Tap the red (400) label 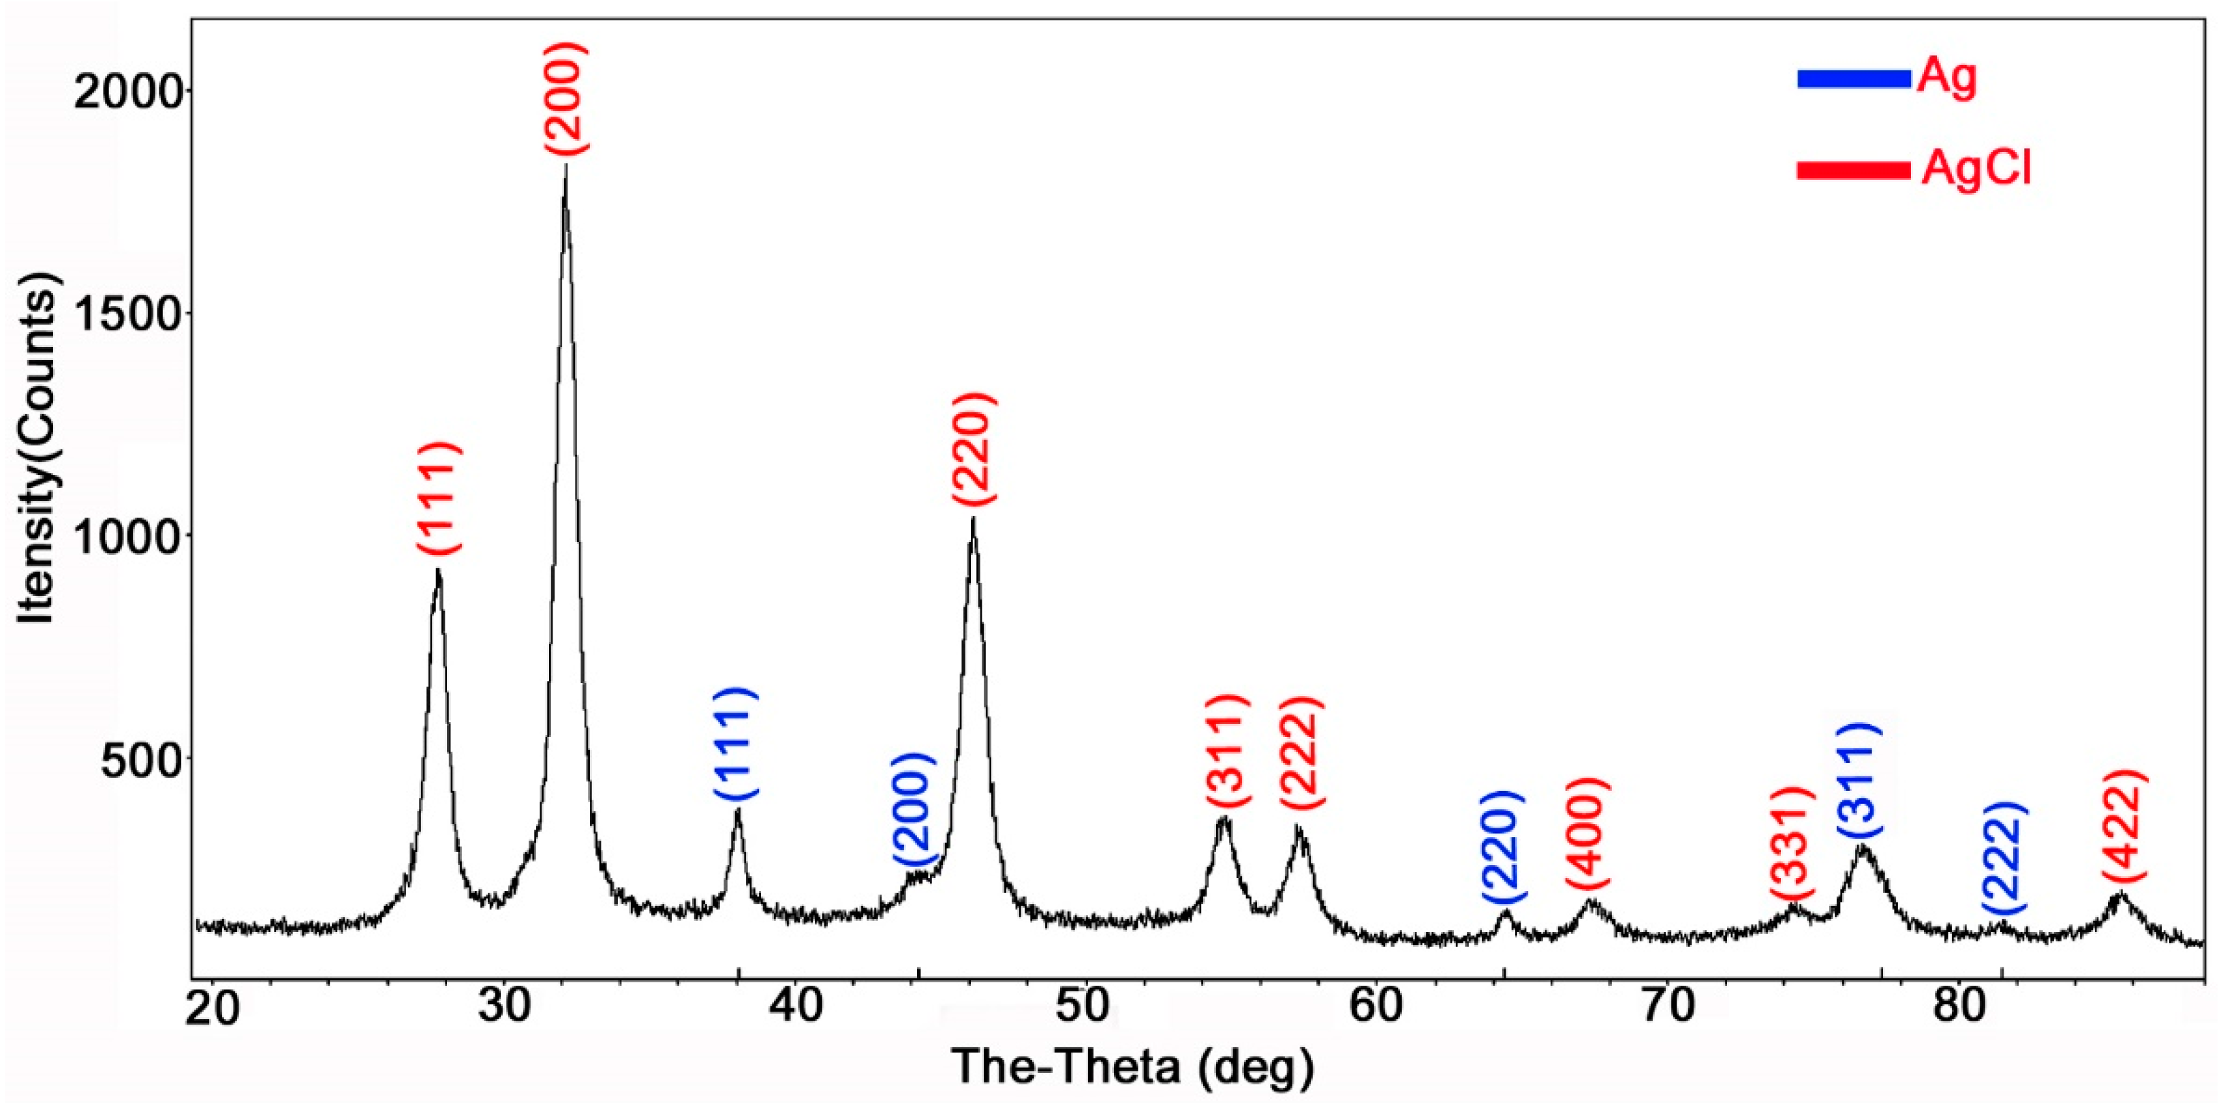tap(1587, 832)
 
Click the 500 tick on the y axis tap(143, 758)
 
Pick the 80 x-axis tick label tap(1957, 1009)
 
